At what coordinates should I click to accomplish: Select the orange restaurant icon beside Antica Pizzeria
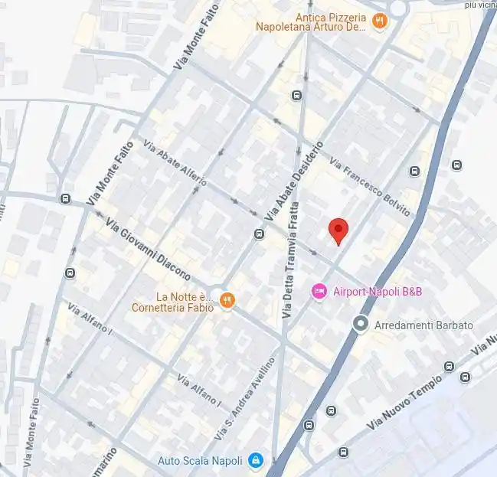click(x=378, y=21)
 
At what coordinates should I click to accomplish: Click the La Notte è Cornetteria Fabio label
click(x=184, y=302)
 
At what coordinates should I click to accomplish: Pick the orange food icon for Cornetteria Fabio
click(x=226, y=301)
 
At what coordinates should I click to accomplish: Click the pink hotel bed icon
click(x=319, y=291)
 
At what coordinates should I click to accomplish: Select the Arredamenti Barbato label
click(x=423, y=325)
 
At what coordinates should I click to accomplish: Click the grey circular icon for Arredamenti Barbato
click(x=360, y=325)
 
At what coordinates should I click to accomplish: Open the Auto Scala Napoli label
click(x=200, y=460)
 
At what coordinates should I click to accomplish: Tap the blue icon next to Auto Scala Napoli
click(x=257, y=460)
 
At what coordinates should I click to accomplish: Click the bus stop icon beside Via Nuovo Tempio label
click(x=465, y=376)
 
